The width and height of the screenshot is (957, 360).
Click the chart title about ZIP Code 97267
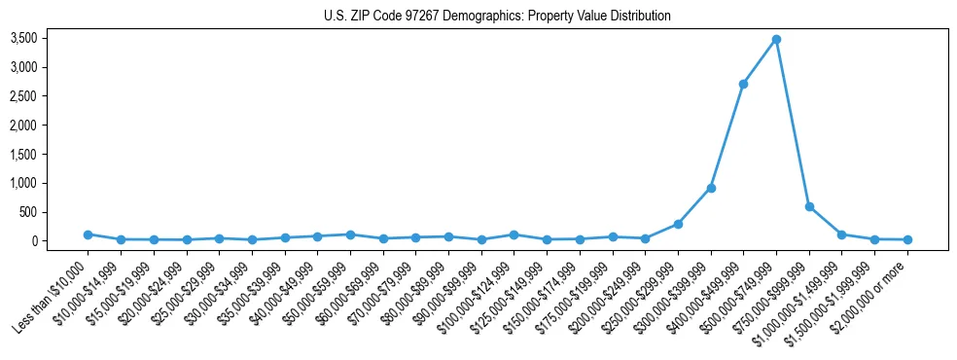(497, 16)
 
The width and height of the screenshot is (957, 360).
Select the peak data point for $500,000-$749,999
(776, 40)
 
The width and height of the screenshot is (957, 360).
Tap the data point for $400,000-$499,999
(743, 84)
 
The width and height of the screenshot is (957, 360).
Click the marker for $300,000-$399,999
(711, 188)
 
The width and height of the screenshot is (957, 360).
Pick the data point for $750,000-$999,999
(809, 206)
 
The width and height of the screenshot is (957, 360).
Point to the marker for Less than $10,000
(88, 234)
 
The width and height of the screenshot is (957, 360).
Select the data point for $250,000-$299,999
(678, 224)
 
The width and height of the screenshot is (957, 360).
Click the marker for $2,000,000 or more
(907, 239)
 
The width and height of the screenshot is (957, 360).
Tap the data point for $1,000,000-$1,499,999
(841, 234)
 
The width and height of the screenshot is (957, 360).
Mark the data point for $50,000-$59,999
(350, 234)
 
